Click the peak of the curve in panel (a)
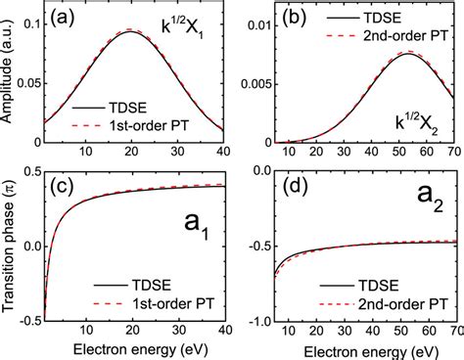tap(131, 31)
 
